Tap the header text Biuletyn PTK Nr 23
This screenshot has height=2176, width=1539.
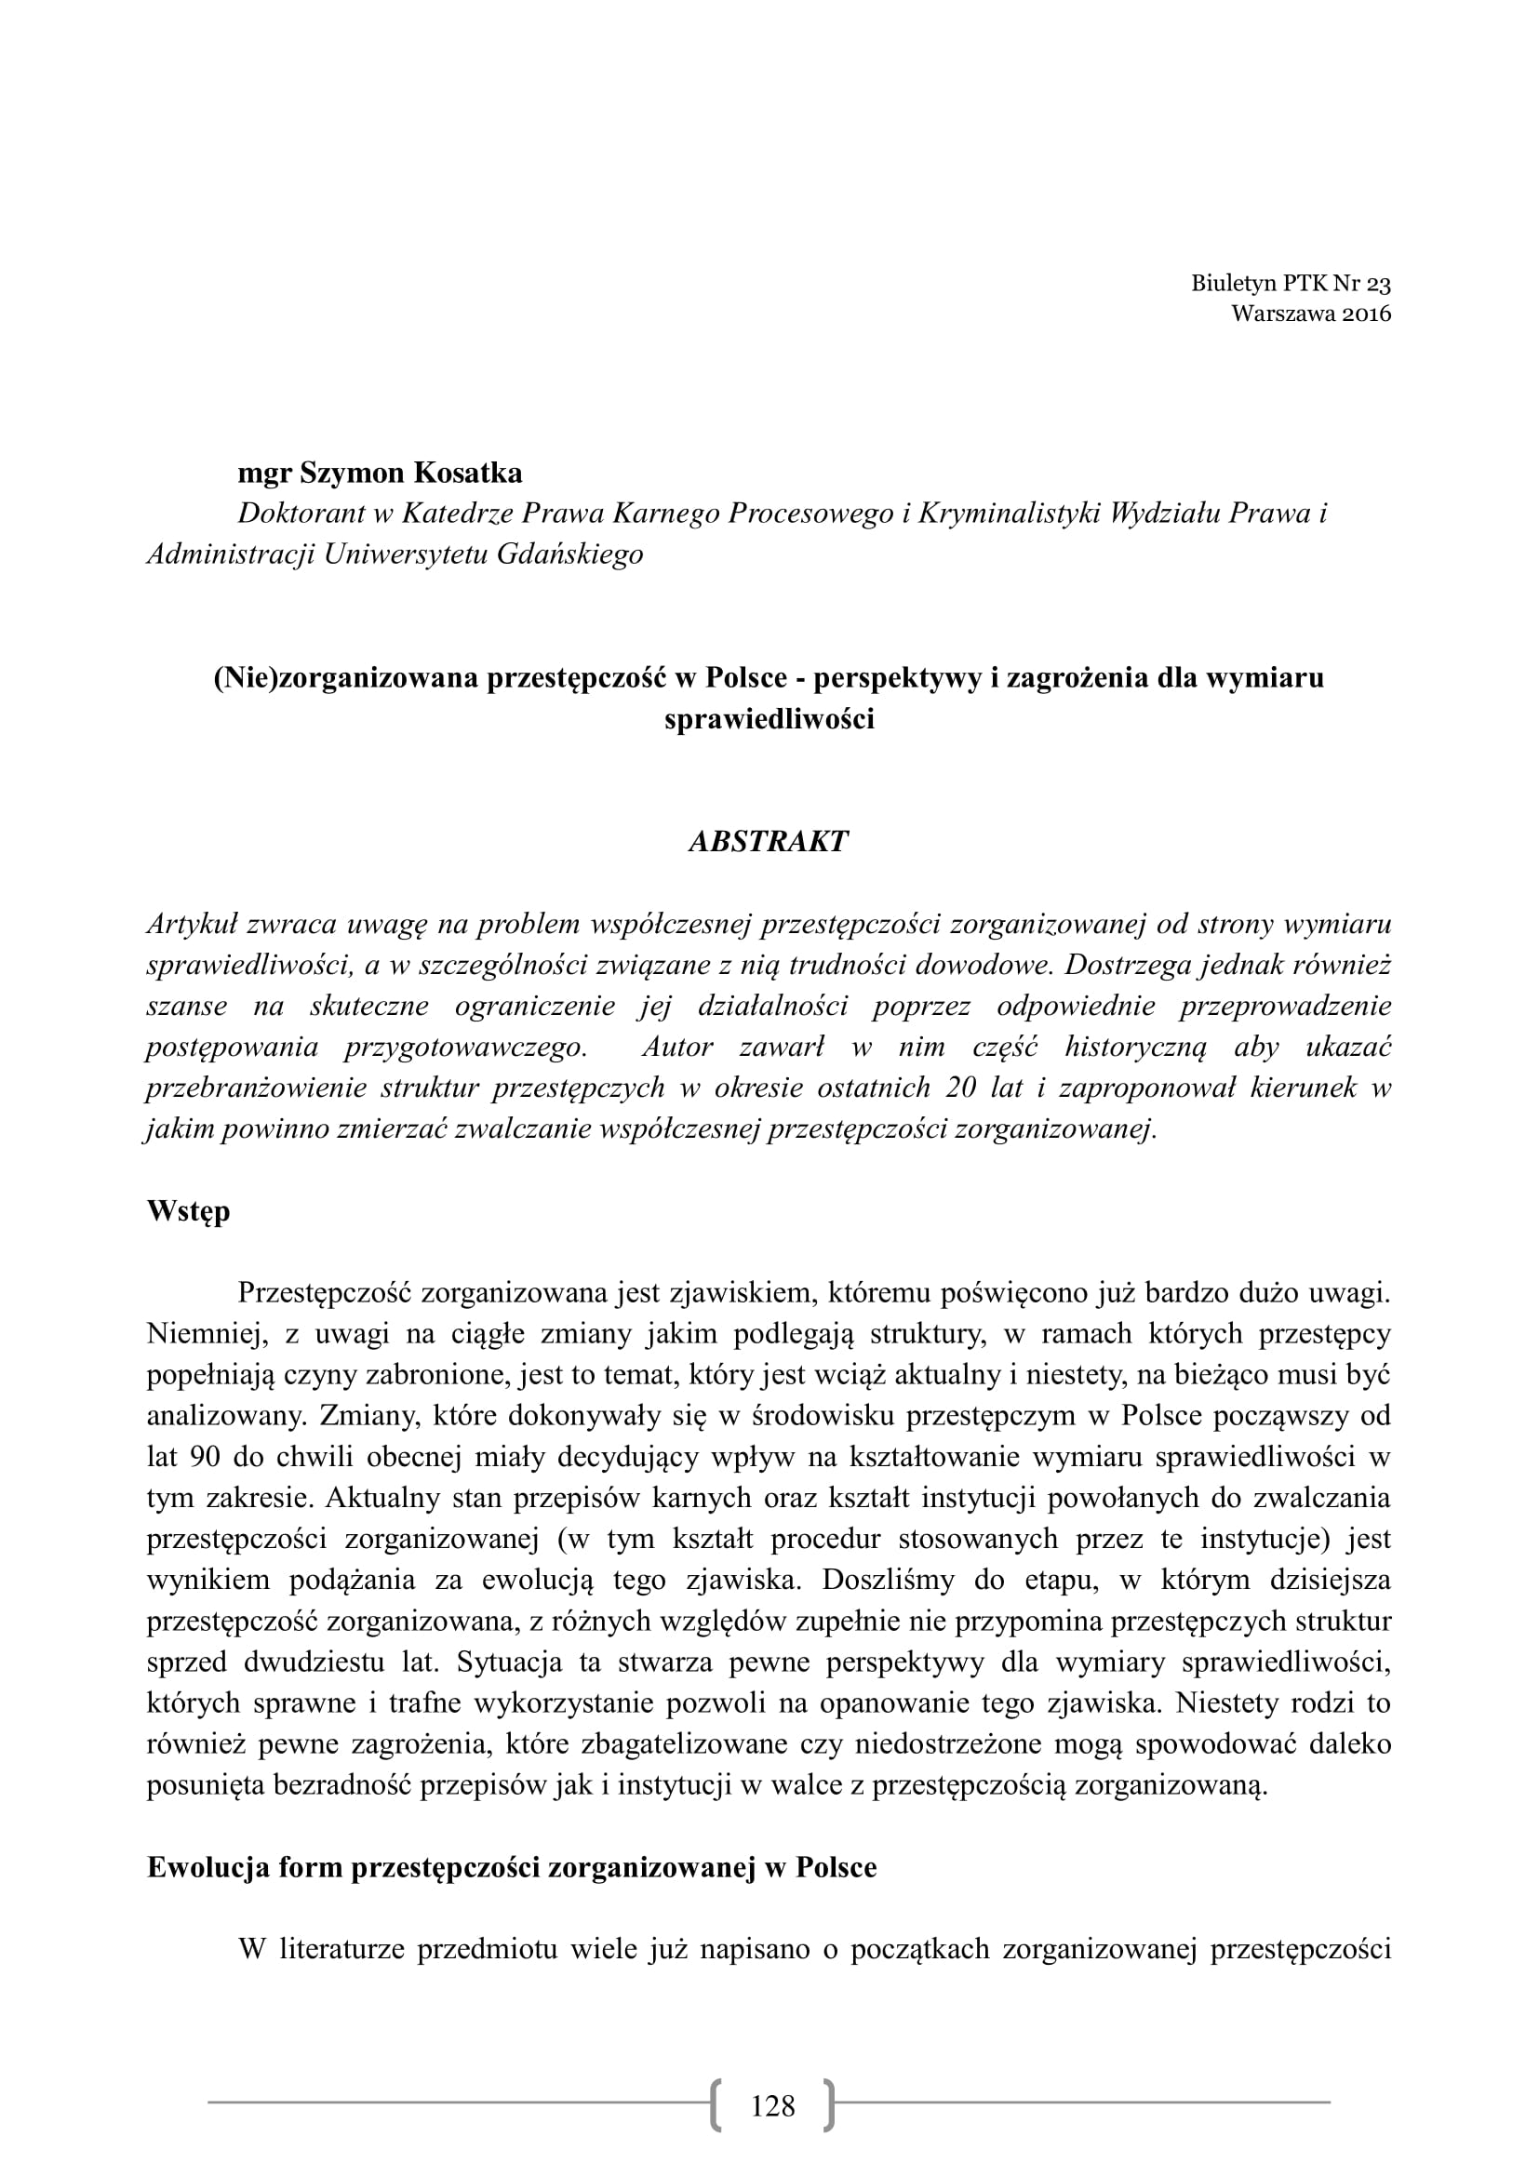(x=1291, y=284)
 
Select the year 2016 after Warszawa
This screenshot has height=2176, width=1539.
(x=1367, y=314)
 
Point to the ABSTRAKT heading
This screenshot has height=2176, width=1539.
(x=769, y=842)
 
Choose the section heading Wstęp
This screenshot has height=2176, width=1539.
(x=189, y=1211)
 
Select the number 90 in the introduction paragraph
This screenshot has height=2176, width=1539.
(x=206, y=1457)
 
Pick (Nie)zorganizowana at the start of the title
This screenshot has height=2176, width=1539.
(x=346, y=677)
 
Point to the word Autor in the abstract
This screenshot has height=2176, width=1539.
(x=677, y=1047)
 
